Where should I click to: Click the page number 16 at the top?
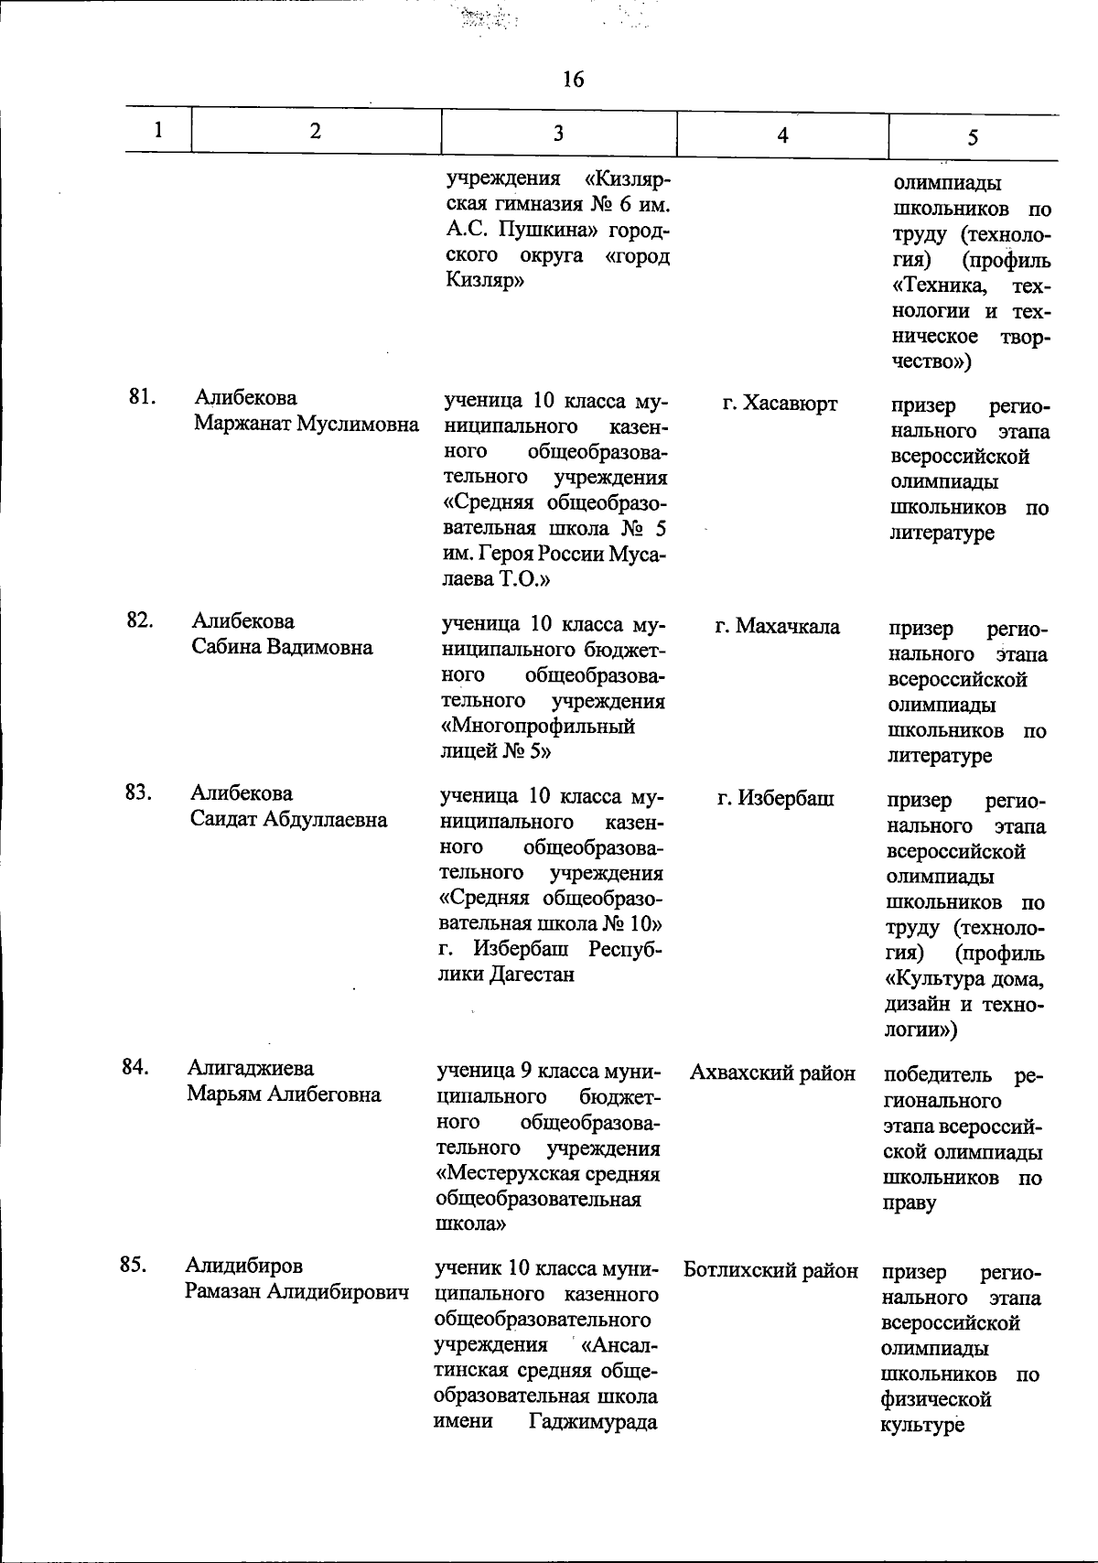pyautogui.click(x=573, y=80)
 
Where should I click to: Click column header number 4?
pyautogui.click(x=781, y=135)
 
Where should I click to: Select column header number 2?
pyautogui.click(x=315, y=130)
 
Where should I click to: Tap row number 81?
pyautogui.click(x=142, y=396)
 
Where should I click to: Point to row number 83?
pyautogui.click(x=138, y=792)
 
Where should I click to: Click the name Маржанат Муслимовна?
pyautogui.click(x=307, y=424)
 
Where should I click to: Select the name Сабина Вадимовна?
pyautogui.click(x=282, y=647)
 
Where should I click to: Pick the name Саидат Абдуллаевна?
pyautogui.click(x=288, y=819)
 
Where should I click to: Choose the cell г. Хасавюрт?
pyautogui.click(x=779, y=404)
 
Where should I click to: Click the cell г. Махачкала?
pyautogui.click(x=777, y=627)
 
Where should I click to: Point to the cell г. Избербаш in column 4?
pyautogui.click(x=775, y=799)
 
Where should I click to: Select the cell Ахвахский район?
pyautogui.click(x=772, y=1073)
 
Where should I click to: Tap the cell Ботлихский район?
pyautogui.click(x=770, y=1270)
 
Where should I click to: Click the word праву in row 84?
pyautogui.click(x=910, y=1203)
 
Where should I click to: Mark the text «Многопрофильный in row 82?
pyautogui.click(x=538, y=727)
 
